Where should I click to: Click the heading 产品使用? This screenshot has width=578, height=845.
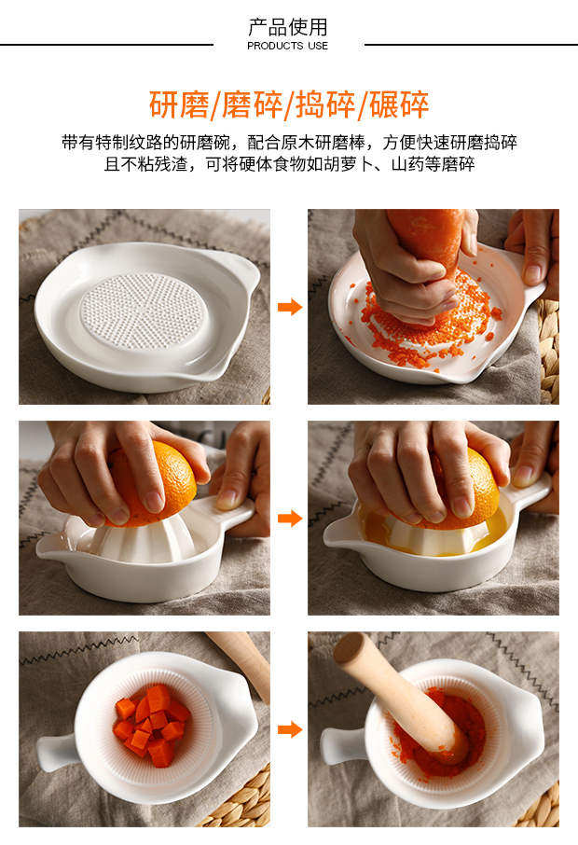tap(288, 27)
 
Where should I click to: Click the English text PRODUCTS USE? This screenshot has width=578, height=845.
tap(288, 46)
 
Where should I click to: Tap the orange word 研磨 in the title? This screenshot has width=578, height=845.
tap(178, 104)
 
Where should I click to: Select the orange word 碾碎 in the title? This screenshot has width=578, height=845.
tap(399, 104)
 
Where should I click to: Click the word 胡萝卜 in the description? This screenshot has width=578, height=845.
tap(332, 164)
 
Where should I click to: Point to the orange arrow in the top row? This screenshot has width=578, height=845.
tap(290, 307)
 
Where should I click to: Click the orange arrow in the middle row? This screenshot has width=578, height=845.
tap(290, 519)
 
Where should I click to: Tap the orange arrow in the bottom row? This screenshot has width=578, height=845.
tap(290, 729)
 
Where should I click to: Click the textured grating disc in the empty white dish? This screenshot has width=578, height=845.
tap(144, 311)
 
